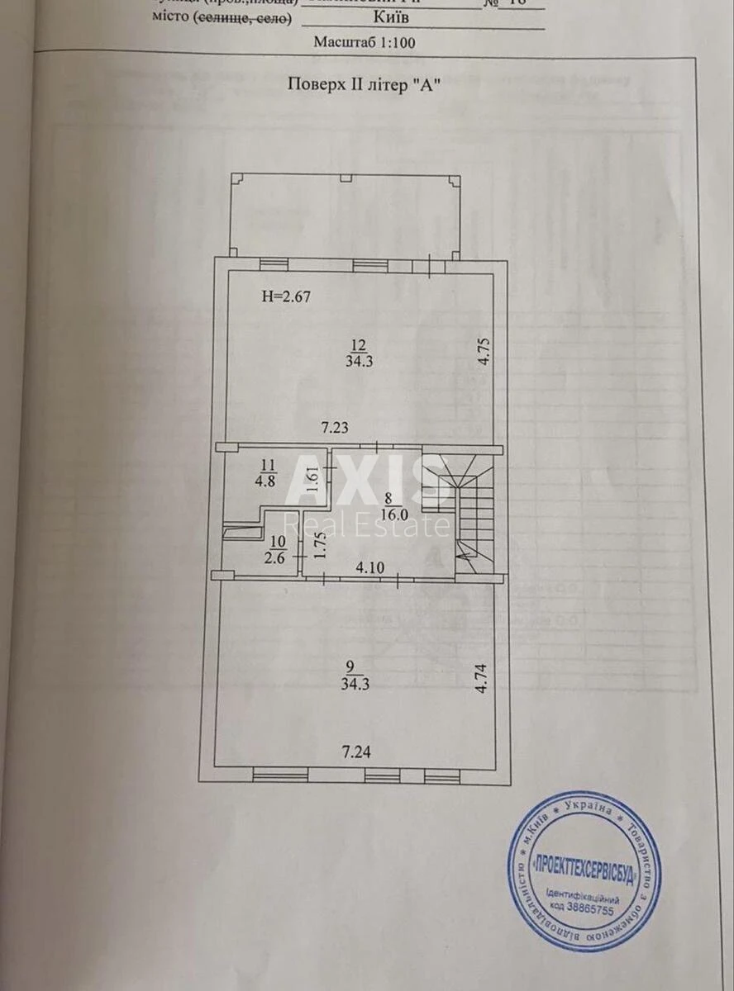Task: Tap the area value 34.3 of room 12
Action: pos(358,360)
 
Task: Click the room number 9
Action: pos(350,667)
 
